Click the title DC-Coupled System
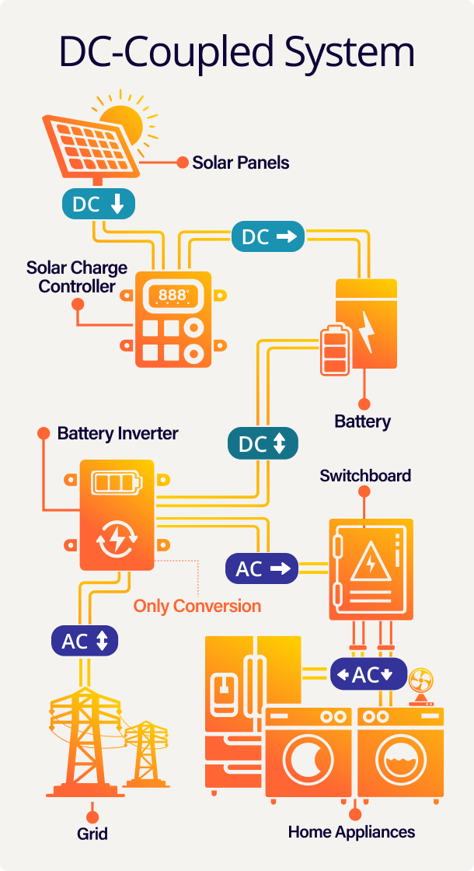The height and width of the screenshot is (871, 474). [237, 53]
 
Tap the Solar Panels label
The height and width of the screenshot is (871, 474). [241, 163]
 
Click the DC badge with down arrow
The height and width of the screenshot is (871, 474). [99, 204]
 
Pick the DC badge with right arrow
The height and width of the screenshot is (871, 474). [268, 236]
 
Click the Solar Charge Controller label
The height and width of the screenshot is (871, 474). [77, 277]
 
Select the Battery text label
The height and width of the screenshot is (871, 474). [362, 422]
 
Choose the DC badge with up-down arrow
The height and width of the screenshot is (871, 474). [262, 444]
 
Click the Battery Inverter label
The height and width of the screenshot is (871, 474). [118, 433]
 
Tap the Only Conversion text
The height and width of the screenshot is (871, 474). [197, 605]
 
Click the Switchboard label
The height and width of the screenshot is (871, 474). [365, 475]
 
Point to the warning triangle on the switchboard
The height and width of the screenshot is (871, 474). [370, 564]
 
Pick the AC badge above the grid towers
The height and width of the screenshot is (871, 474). [85, 642]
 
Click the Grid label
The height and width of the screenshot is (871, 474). [92, 834]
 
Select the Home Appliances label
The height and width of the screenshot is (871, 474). [351, 831]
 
